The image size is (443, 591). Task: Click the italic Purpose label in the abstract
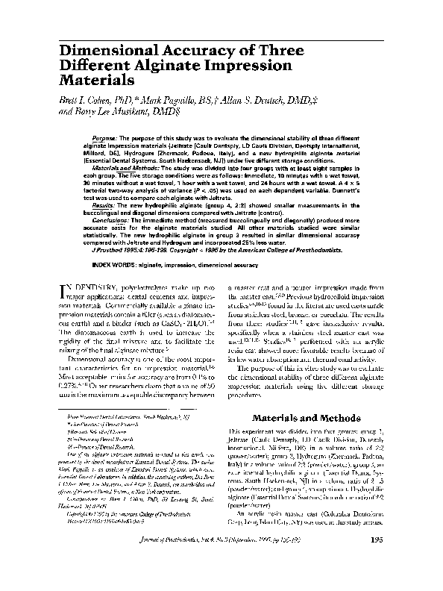109,140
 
